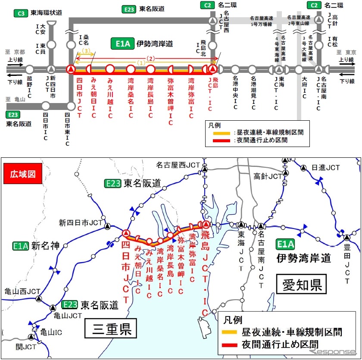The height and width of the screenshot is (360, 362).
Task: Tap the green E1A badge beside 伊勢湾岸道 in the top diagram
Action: [121, 43]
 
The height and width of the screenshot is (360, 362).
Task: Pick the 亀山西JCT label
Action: [20, 291]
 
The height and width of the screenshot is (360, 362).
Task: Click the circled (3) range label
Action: [86, 51]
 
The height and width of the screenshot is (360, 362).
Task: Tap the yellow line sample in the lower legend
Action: [233, 332]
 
